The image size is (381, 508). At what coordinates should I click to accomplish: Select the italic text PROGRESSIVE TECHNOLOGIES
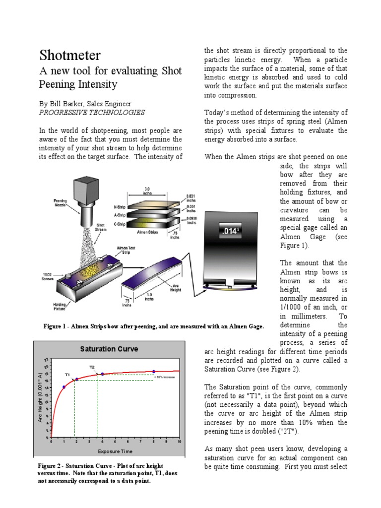[92, 113]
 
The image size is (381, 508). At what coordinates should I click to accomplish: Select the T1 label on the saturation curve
[67, 375]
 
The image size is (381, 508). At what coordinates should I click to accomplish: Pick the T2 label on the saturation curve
[92, 367]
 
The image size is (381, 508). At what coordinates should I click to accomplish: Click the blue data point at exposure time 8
[154, 371]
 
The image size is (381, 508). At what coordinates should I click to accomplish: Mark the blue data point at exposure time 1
[64, 387]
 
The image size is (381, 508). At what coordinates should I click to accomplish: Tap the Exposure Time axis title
[115, 451]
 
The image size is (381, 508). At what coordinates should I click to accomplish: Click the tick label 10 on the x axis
[179, 441]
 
